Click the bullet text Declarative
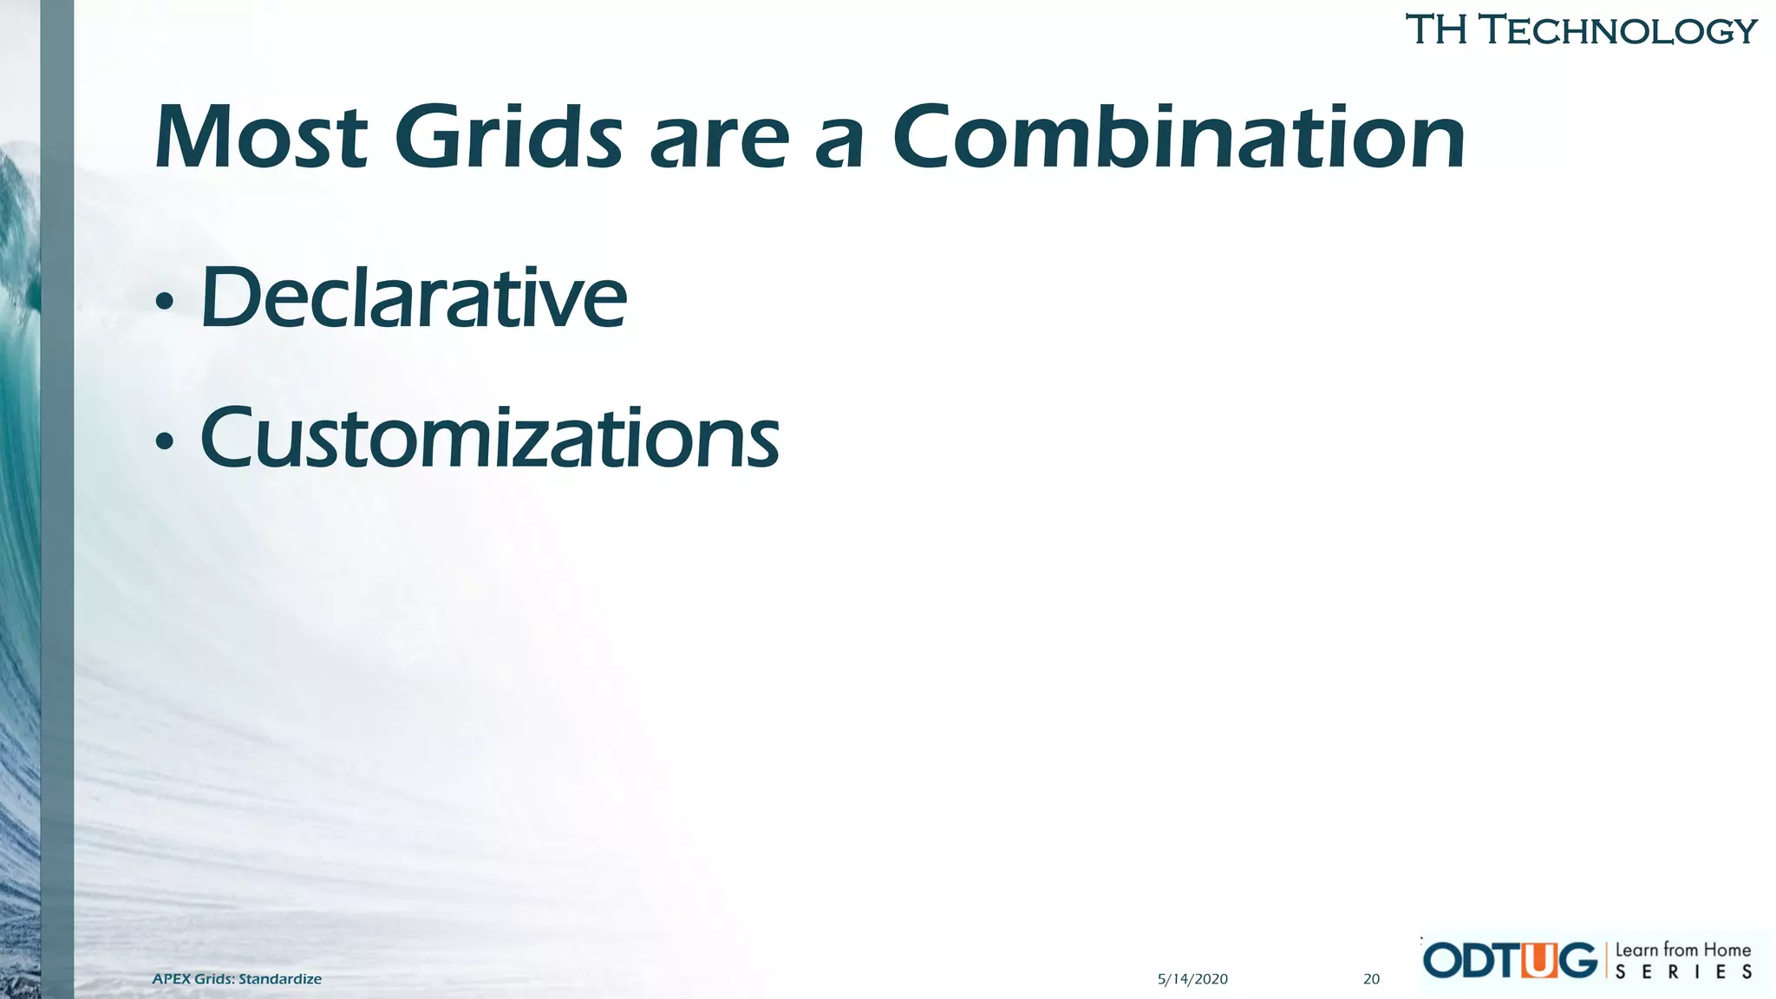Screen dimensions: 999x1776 click(413, 298)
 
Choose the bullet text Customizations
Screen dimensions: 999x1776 click(489, 439)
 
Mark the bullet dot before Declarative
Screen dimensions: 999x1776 click(164, 303)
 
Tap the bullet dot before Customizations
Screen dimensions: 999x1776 click(164, 443)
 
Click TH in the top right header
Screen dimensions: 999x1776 click(1435, 30)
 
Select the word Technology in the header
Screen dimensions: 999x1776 click(1617, 31)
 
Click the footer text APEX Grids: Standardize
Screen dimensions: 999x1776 click(237, 979)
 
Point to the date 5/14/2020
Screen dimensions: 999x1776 click(1192, 979)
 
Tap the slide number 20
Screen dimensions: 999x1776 click(1371, 979)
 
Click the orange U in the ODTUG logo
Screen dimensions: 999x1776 click(1539, 961)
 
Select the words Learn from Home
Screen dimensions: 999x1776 click(1682, 950)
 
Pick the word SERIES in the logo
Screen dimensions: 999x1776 click(1682, 973)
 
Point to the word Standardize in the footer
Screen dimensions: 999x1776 click(280, 979)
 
